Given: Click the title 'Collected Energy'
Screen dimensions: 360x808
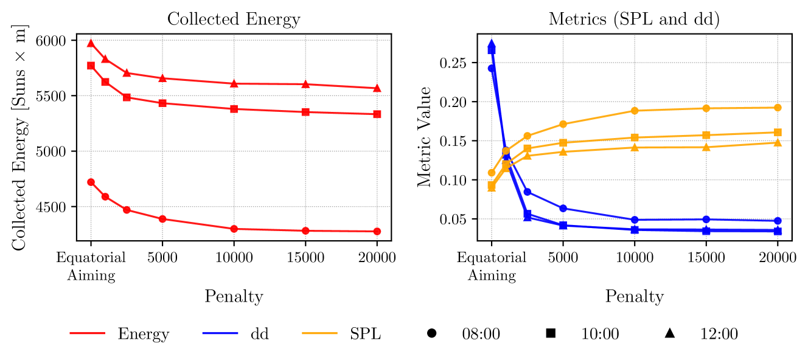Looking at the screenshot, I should [x=234, y=19].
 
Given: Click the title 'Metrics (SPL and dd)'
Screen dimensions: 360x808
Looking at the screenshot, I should [x=634, y=19].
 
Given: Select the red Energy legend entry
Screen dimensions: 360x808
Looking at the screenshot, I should [x=119, y=333].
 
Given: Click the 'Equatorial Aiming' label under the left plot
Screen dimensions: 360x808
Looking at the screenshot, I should [x=91, y=266].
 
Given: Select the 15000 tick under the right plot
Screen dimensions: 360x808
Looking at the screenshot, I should [x=706, y=258].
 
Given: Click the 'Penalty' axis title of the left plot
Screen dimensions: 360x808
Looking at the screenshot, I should [x=234, y=296].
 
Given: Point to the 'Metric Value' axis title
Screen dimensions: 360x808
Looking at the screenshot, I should [x=425, y=136].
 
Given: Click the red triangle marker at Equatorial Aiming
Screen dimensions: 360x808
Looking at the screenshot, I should [x=91, y=43].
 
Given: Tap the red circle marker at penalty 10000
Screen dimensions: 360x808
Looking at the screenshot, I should [x=234, y=229].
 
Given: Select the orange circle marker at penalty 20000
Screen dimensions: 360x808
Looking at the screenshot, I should [x=778, y=108].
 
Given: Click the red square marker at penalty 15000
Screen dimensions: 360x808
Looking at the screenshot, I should [x=305, y=112].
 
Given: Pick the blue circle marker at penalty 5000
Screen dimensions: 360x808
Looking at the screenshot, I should [x=563, y=208].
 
